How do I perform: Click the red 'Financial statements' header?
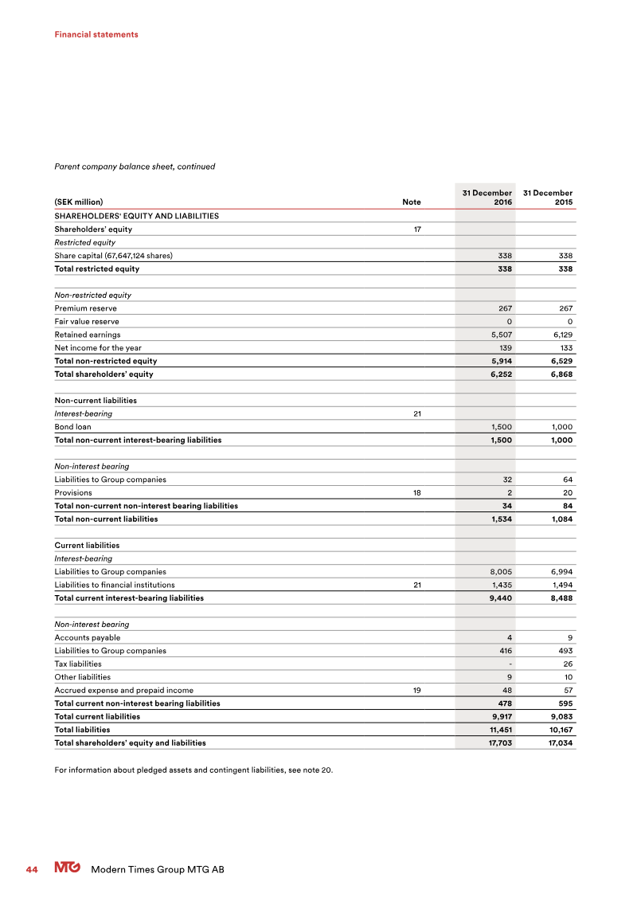tap(96, 34)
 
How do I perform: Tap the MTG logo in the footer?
tap(67, 868)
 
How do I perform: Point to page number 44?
tap(32, 869)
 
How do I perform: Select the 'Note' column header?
tap(412, 202)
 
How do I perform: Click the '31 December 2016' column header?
tap(487, 198)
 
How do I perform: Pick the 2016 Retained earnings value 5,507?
tap(499, 335)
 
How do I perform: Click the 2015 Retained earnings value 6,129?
tap(560, 335)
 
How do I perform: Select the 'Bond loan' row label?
tap(72, 427)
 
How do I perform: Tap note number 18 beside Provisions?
tap(416, 492)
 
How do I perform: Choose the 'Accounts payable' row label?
tap(87, 637)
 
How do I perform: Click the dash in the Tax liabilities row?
tap(510, 664)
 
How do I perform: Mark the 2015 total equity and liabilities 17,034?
tap(558, 742)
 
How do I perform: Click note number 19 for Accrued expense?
tap(416, 690)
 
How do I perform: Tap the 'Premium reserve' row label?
tap(85, 308)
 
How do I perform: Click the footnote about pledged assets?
tap(193, 770)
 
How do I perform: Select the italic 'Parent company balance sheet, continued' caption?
tap(135, 166)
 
